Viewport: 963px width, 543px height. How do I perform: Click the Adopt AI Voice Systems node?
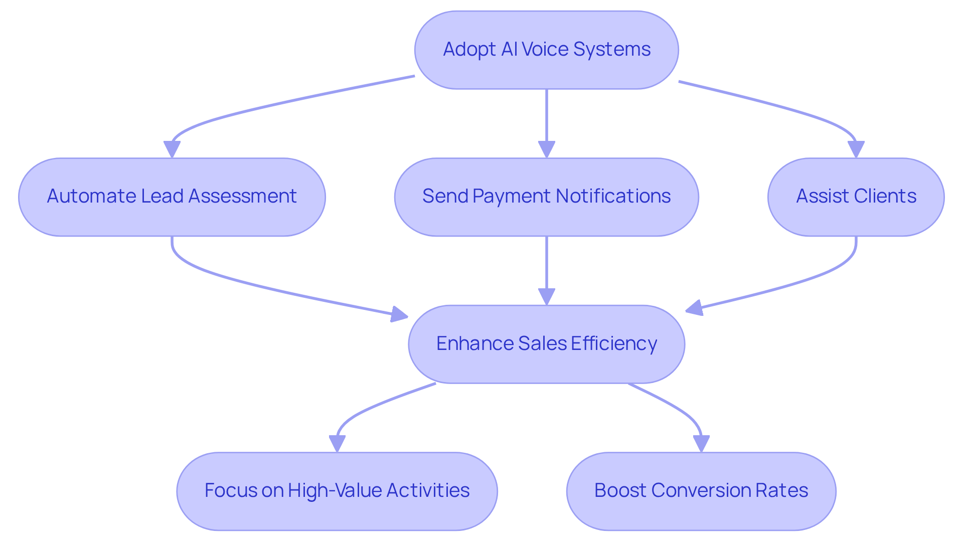546,50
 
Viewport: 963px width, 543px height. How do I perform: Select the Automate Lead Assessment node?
172,197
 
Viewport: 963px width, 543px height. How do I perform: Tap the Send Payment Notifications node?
546,197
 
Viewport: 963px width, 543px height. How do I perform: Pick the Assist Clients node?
856,197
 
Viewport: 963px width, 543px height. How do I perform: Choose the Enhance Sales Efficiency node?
546,344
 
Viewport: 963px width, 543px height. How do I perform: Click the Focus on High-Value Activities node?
337,491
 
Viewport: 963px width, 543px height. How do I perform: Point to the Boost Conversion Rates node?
701,491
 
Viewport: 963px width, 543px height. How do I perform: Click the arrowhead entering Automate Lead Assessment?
172,150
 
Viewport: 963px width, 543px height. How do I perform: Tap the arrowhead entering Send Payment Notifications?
546,150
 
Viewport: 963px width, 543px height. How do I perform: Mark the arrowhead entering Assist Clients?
856,150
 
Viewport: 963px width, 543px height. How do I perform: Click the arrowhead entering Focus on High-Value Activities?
337,444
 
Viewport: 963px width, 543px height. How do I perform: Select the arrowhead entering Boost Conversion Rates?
701,444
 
